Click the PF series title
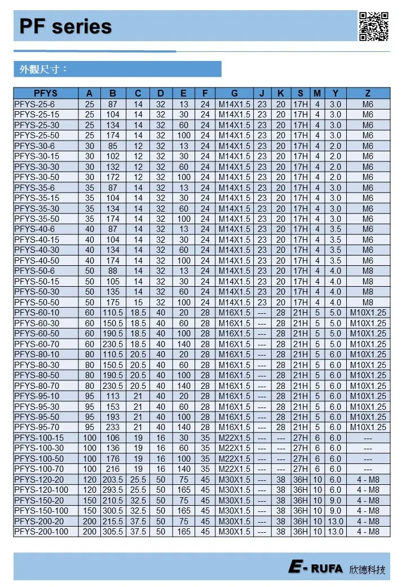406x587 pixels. point(65,27)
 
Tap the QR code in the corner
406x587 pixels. point(374,26)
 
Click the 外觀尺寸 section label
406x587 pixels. point(43,69)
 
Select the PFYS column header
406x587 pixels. point(46,94)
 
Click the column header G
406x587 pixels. point(234,94)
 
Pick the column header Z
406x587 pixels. point(368,94)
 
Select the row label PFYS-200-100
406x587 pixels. point(41,532)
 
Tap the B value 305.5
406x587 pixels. point(113,532)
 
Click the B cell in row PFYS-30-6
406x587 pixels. point(113,146)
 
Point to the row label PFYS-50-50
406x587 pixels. point(37,303)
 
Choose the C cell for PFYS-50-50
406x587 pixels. point(138,303)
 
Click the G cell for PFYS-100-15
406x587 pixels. point(234,438)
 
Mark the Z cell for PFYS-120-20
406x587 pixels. point(368,480)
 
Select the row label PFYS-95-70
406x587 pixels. point(37,428)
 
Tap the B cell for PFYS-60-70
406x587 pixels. point(113,344)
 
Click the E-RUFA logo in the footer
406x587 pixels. point(316,568)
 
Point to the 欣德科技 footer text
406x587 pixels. point(368,569)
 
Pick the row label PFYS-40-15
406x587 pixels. point(37,240)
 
